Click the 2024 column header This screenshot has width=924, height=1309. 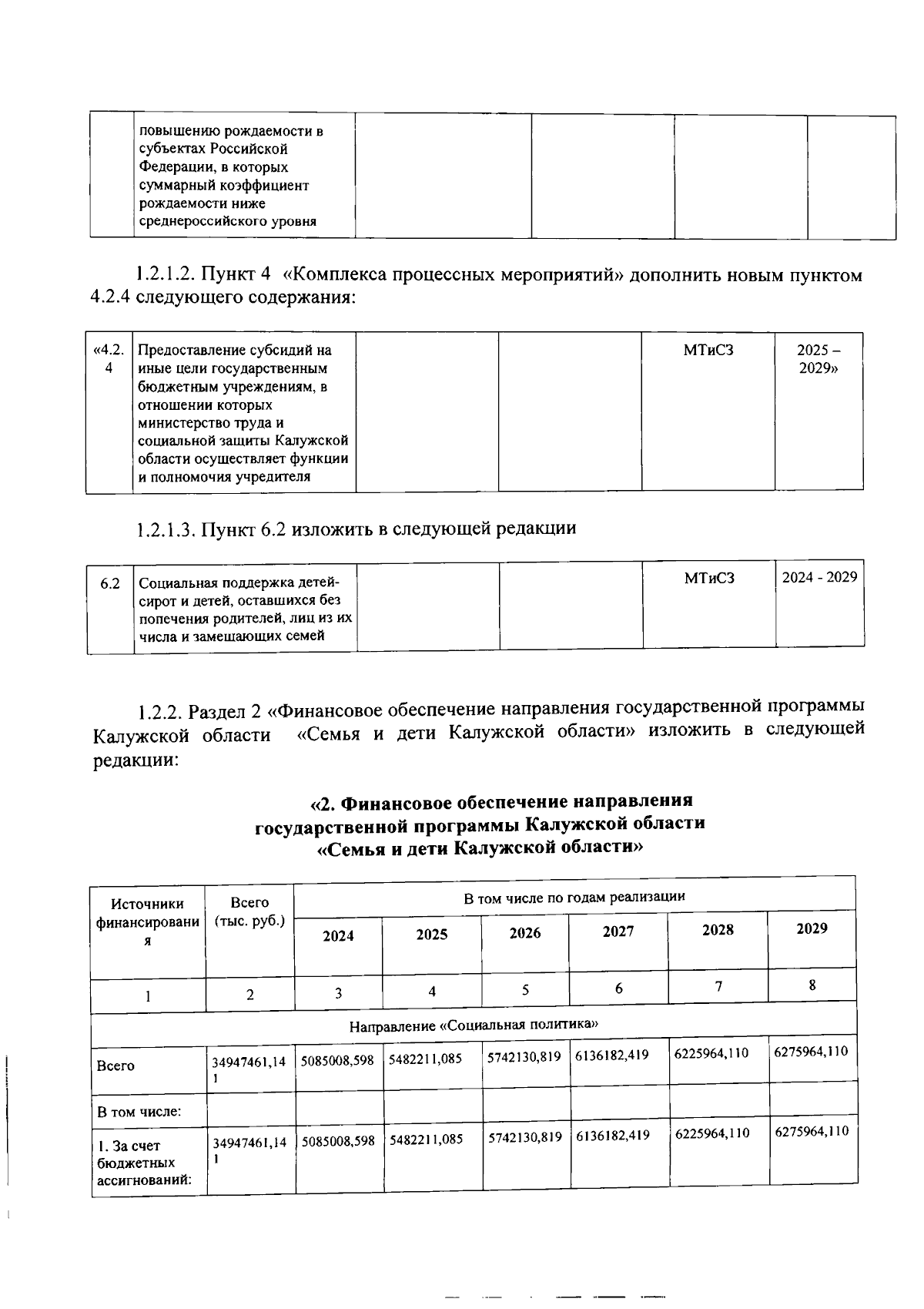click(338, 936)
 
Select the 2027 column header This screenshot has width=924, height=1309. click(618, 931)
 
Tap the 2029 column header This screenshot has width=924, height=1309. click(812, 928)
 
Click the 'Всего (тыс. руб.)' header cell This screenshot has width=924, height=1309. click(249, 911)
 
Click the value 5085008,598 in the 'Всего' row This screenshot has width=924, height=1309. click(337, 1060)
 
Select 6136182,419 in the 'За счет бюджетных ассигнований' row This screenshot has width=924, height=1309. click(612, 1135)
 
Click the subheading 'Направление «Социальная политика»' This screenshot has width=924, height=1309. click(474, 1025)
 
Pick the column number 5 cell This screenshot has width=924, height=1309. click(525, 990)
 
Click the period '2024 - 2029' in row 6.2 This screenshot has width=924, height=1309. click(819, 577)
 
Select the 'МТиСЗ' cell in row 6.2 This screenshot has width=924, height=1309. click(709, 578)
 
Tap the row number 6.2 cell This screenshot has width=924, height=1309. click(110, 583)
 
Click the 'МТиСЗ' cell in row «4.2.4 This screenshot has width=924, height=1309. click(708, 351)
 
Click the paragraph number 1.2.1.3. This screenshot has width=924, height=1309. click(166, 529)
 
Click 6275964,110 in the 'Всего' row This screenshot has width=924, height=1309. click(811, 1051)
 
